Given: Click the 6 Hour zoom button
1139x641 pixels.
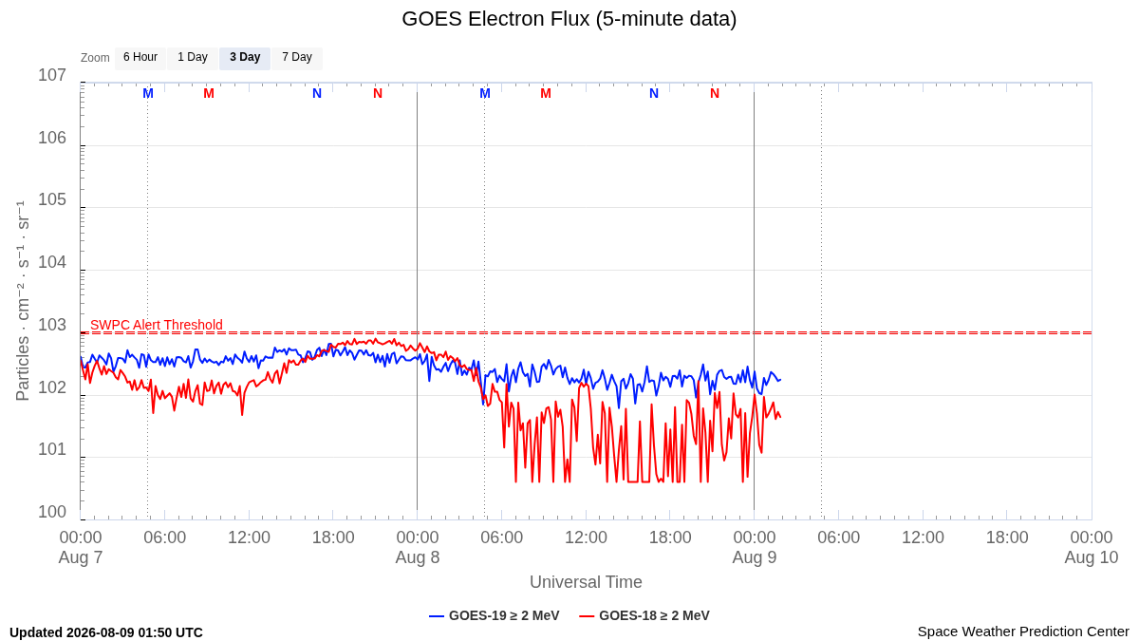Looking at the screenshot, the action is [x=140, y=58].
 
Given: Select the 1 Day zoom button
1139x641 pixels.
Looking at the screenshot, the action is [x=193, y=58].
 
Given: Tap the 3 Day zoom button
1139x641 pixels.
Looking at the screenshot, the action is [x=245, y=58].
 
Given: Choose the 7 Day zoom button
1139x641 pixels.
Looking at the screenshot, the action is [x=297, y=58].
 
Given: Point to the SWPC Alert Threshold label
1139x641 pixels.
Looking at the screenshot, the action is [x=157, y=325].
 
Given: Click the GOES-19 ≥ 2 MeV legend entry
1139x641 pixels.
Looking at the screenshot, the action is [x=495, y=615].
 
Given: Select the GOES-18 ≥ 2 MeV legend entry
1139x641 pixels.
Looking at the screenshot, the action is [x=644, y=615].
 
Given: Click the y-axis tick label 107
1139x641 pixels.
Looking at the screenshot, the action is [x=52, y=75].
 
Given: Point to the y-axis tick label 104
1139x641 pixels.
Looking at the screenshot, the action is [x=52, y=262].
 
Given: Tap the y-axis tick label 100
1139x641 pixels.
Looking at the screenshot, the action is [x=52, y=512].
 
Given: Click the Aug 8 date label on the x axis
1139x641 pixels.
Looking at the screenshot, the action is [x=418, y=557].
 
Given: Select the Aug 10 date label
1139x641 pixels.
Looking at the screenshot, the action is [x=1092, y=557].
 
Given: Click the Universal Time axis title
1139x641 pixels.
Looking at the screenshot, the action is [x=586, y=582].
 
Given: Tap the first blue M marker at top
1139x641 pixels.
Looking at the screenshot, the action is [x=148, y=94].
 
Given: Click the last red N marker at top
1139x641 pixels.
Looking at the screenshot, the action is [x=715, y=94].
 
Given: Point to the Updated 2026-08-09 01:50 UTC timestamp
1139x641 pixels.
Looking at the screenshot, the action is [x=106, y=632].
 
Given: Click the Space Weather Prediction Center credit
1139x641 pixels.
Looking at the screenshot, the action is [x=1023, y=632].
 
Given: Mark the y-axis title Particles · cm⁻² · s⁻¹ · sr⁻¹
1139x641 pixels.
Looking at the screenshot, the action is [x=23, y=301].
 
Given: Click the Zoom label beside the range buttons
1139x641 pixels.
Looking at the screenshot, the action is [x=95, y=58].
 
